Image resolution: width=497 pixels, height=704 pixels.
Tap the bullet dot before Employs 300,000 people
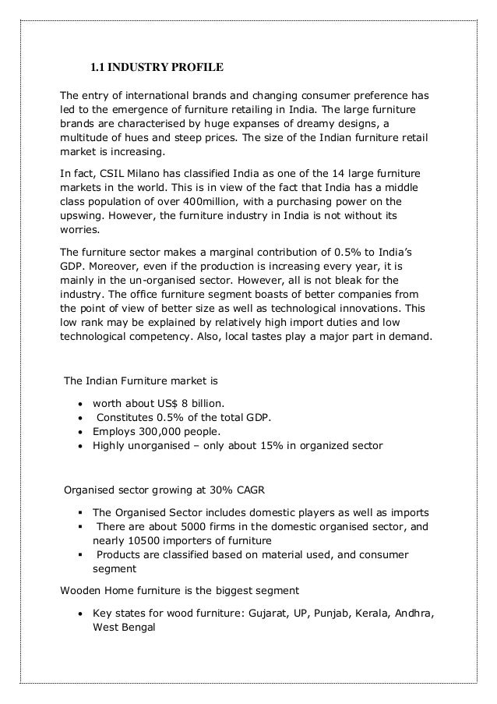pyautogui.click(x=81, y=431)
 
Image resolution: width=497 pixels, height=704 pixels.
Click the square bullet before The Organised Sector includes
pyautogui.click(x=81, y=513)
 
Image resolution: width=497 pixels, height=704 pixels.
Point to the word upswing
pyautogui.click(x=83, y=220)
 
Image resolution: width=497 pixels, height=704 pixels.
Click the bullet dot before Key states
pyautogui.click(x=81, y=614)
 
